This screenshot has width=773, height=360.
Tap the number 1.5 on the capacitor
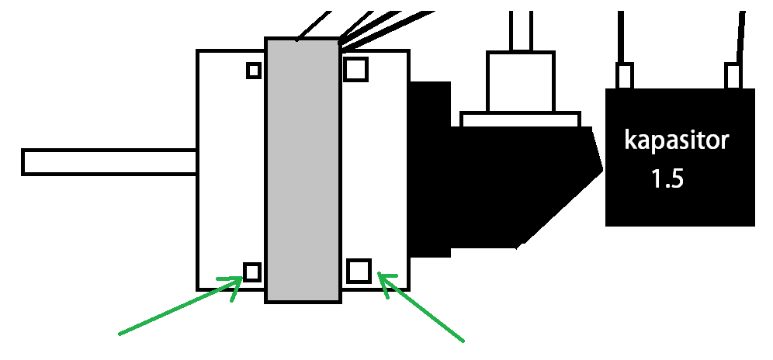click(667, 180)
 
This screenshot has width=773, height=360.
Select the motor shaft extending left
click(109, 161)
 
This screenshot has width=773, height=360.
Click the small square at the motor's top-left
click(253, 71)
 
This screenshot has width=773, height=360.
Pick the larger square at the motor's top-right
click(355, 69)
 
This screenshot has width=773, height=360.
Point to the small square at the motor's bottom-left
click(252, 271)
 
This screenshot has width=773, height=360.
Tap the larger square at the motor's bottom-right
click(358, 271)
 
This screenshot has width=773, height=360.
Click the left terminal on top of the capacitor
click(626, 76)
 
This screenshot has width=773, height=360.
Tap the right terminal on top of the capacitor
click(734, 76)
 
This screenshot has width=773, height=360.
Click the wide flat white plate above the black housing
click(520, 119)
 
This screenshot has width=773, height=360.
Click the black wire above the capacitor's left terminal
click(622, 35)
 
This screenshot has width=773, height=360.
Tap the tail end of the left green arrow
click(120, 334)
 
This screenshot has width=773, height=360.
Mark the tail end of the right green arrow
click(463, 339)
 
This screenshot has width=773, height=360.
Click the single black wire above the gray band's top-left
click(314, 23)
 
